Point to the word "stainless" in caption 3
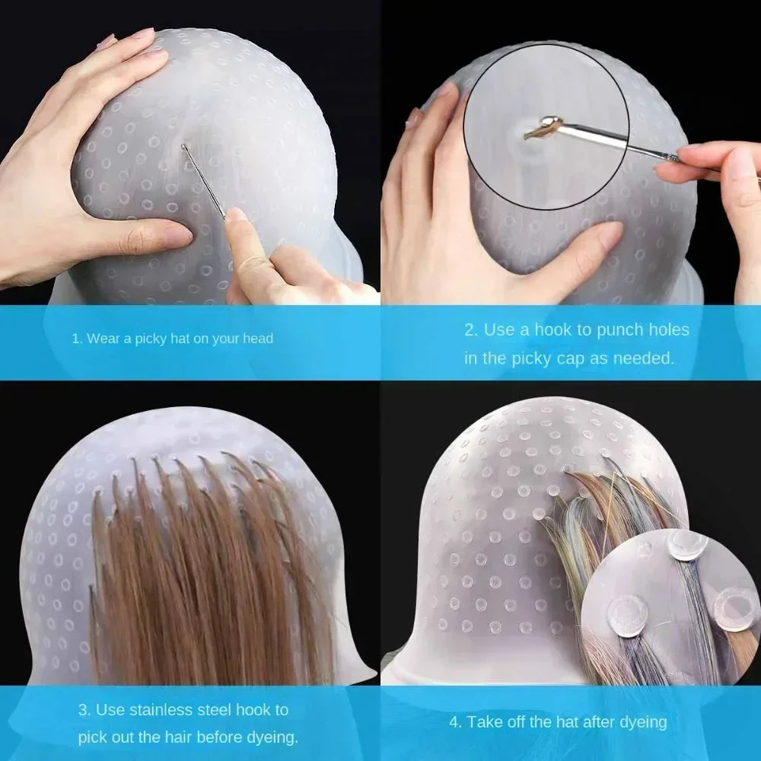coord(170,710)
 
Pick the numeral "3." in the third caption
coord(85,710)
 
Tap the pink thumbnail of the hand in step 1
coord(237,215)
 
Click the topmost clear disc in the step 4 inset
coord(687,545)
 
